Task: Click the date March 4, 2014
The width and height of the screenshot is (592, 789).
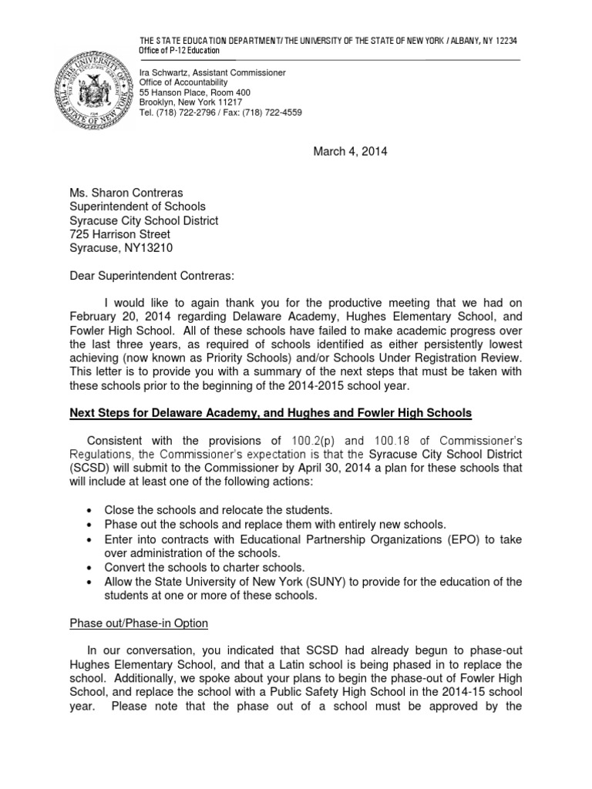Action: [350, 151]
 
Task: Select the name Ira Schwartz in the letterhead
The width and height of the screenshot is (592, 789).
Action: [163, 72]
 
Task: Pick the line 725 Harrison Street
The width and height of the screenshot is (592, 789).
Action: [120, 234]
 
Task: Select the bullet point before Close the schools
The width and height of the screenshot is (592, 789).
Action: [91, 511]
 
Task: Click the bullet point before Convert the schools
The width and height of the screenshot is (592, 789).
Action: [91, 567]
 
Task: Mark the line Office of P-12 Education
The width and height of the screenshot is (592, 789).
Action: [179, 50]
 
